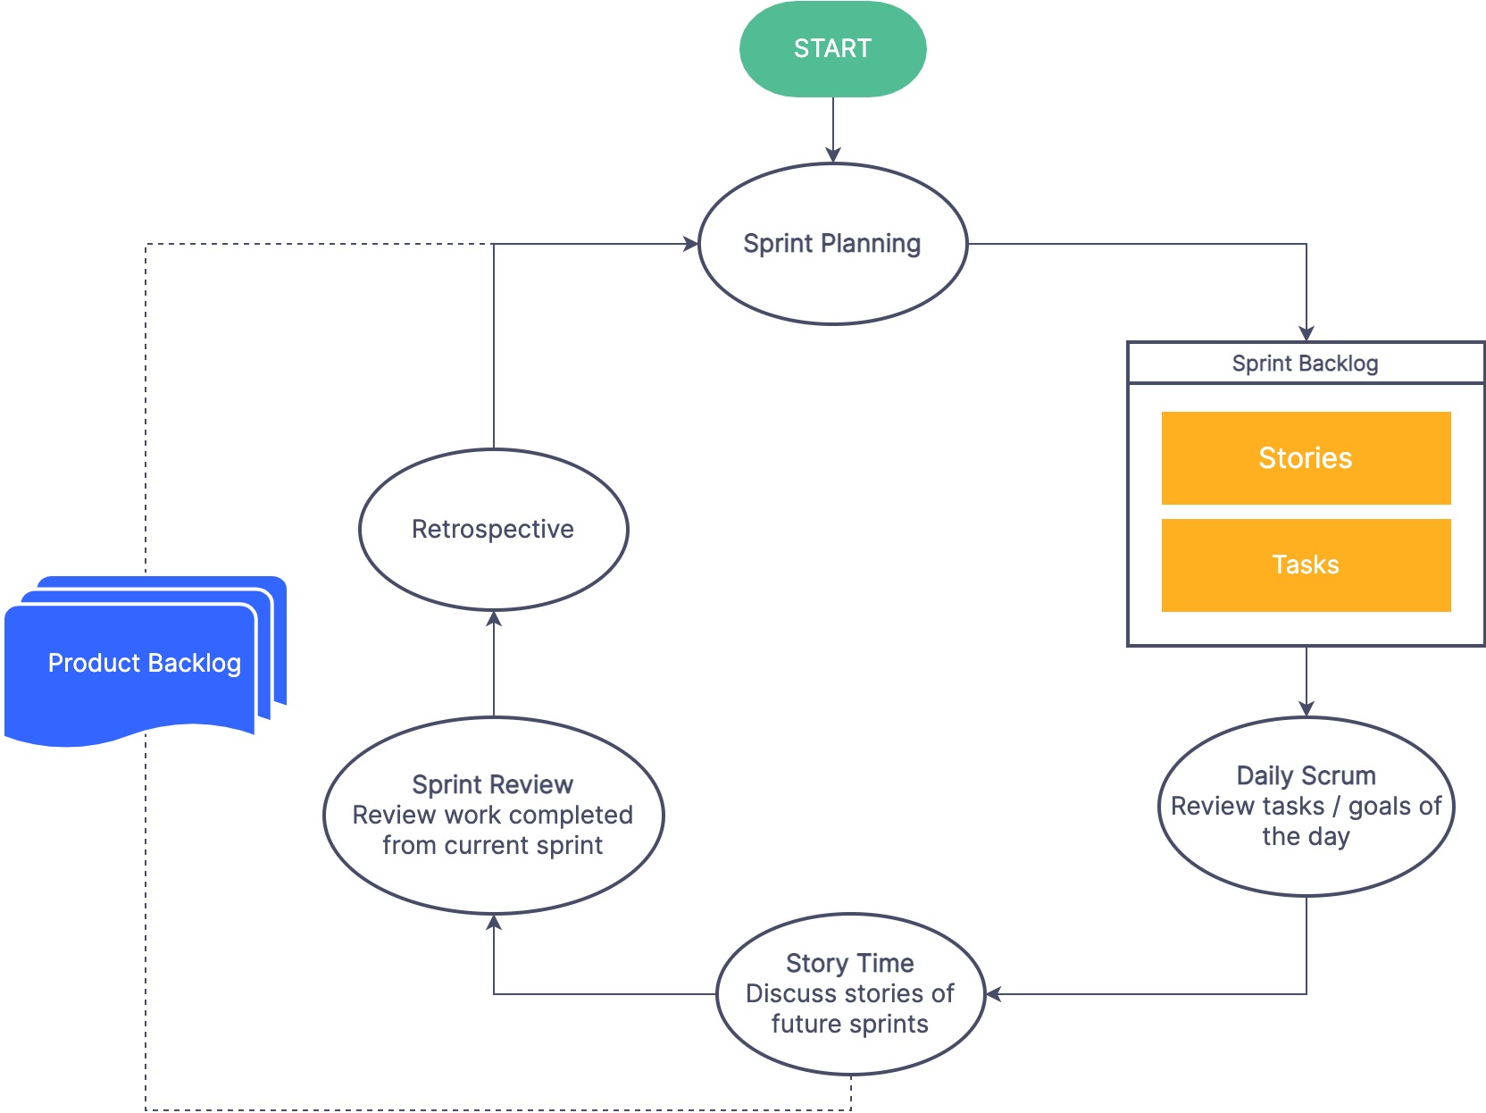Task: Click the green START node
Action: pos(832,49)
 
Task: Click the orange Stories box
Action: pos(1306,458)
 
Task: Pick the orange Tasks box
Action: pos(1306,565)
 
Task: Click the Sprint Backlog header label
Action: pos(1305,364)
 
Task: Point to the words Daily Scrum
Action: pos(1306,775)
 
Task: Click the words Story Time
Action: pos(849,963)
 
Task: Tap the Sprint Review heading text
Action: pos(492,784)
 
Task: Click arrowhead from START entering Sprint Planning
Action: pos(833,155)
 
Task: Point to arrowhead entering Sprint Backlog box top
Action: pos(1307,333)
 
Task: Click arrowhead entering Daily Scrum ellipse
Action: pos(1307,708)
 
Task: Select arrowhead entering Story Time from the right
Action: pos(994,994)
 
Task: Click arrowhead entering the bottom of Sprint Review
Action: pos(494,923)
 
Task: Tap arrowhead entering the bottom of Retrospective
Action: pos(494,619)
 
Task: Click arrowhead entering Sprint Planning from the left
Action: pos(690,244)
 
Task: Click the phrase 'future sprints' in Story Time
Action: pos(849,1024)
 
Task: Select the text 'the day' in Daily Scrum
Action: pos(1306,836)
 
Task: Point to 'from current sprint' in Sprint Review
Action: pos(492,845)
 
